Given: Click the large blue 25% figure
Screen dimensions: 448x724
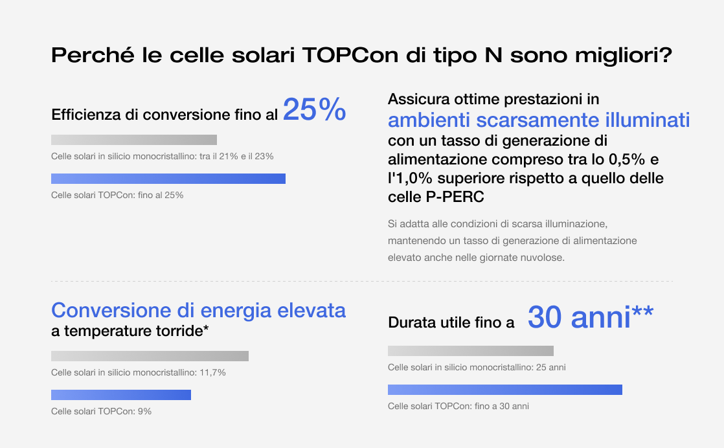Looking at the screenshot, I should coord(315,110).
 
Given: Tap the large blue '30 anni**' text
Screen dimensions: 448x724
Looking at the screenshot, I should coord(590,317).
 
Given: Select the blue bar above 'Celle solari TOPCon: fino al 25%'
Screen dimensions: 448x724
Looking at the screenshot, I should coord(168,179).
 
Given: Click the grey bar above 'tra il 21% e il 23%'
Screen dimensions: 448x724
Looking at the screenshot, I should coord(134,140).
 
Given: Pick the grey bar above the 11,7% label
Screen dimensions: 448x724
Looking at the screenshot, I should coord(150,356).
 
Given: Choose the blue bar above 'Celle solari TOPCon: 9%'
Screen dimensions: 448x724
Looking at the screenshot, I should coord(121,395).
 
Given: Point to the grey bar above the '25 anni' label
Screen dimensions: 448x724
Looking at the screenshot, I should coord(471,351).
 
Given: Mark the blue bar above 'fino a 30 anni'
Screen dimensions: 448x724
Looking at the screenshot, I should coord(505,390).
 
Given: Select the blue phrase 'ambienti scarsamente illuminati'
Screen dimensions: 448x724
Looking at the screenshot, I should coord(539,120).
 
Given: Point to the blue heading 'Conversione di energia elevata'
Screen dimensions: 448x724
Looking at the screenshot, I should coord(198,310).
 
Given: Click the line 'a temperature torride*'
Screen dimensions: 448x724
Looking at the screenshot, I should coord(130,331).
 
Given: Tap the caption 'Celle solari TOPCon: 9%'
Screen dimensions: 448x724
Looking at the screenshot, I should coord(101,411).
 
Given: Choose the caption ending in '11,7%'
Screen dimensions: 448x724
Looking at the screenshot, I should coord(139,372).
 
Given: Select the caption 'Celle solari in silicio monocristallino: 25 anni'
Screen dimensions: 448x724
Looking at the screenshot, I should coord(477,367).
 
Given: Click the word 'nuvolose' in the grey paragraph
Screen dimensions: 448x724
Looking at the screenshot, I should coord(547,257).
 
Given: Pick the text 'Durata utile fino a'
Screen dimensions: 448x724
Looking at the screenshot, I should coord(451,322).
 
